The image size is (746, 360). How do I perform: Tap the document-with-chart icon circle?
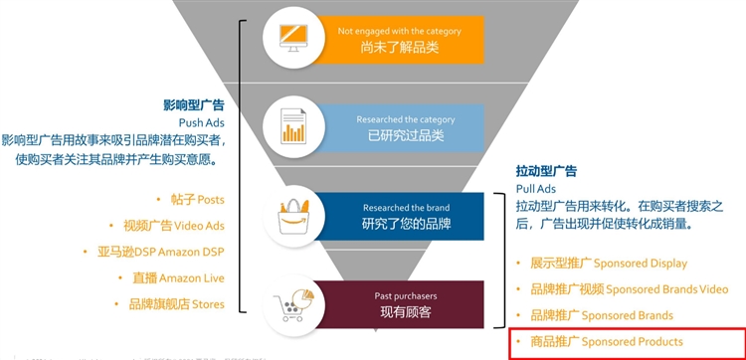pos(293,126)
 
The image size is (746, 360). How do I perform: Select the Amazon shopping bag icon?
pos(293,215)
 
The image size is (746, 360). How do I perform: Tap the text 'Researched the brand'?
pos(406,208)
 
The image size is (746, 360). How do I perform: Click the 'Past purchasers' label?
pos(406,295)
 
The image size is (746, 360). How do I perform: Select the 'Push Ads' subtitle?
pos(202,122)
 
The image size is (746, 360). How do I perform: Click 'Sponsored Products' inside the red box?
pos(607,342)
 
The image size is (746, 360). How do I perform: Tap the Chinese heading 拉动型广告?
pos(547,171)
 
